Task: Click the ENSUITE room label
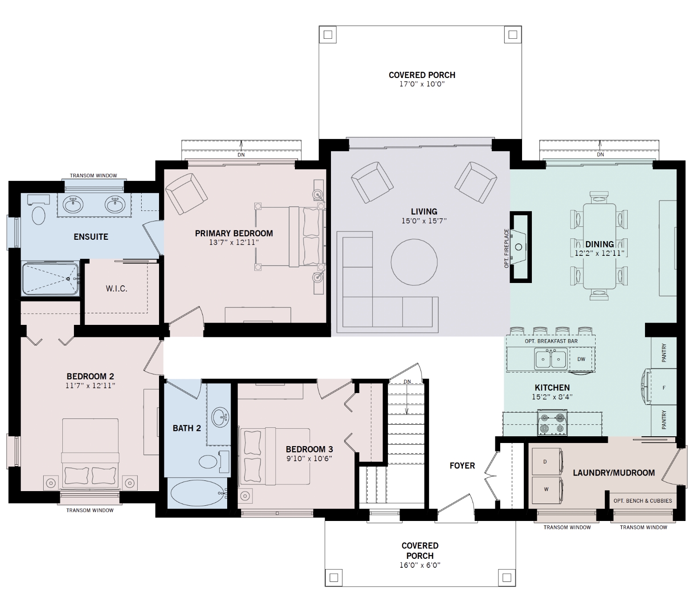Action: coord(91,237)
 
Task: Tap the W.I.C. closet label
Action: coord(117,289)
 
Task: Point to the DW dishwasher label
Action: coord(581,359)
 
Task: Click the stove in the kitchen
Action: coord(553,424)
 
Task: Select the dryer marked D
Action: coord(547,462)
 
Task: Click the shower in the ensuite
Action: coord(50,279)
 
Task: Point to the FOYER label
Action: coord(462,466)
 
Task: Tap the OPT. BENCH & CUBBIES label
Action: coord(643,501)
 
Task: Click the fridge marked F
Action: coord(664,388)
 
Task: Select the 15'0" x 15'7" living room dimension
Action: coord(424,221)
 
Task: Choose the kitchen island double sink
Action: coord(551,359)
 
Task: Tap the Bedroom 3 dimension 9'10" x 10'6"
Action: coord(310,458)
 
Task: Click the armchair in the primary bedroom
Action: coord(186,194)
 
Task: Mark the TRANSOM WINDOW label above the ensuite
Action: coord(94,176)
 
